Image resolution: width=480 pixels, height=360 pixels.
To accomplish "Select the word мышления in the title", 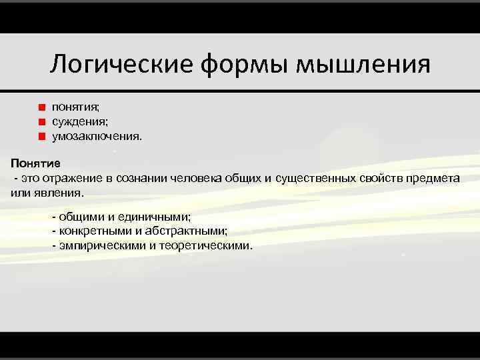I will click(x=363, y=65).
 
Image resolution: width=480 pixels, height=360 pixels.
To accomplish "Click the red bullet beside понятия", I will click(x=41, y=107).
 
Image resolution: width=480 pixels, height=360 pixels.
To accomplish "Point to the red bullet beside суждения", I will click(x=41, y=121).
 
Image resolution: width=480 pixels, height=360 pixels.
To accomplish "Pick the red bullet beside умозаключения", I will click(x=41, y=137).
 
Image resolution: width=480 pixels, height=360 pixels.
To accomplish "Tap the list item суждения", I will click(x=80, y=121).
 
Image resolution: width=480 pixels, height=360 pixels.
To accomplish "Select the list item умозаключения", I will click(x=97, y=136).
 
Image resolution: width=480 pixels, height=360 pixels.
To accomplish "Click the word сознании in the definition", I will click(x=141, y=178).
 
